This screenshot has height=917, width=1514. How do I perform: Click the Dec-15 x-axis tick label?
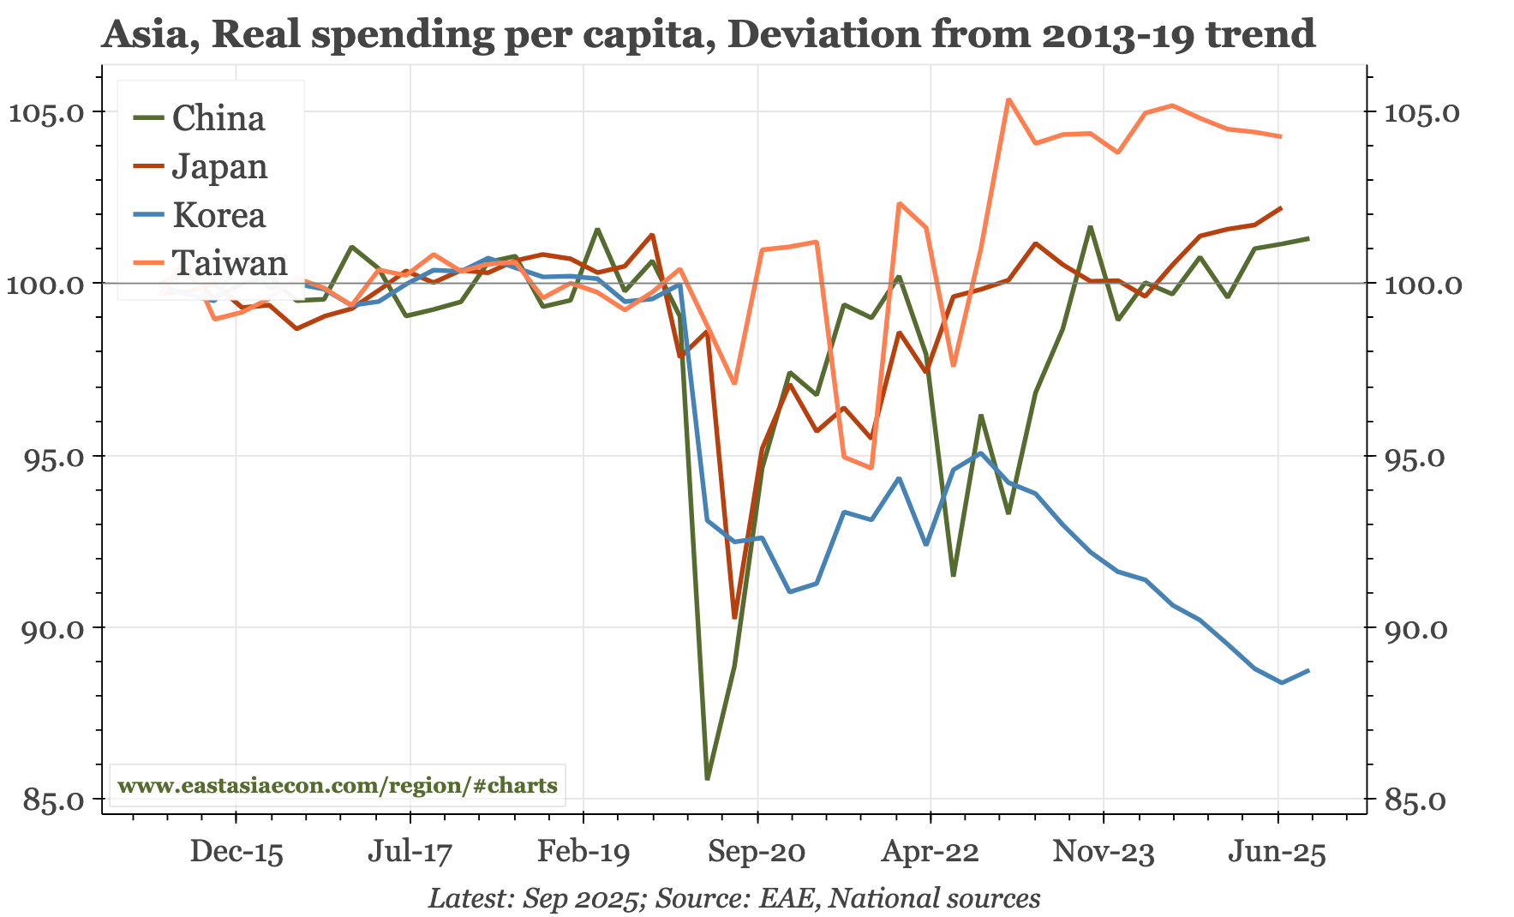click(236, 853)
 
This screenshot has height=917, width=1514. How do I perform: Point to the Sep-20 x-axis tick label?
click(757, 853)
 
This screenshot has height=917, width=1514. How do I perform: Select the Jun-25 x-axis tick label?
click(1278, 853)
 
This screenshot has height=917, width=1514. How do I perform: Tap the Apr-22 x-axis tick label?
click(931, 853)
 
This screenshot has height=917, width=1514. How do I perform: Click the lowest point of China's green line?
click(708, 778)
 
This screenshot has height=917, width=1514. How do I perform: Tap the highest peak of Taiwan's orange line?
click(1008, 99)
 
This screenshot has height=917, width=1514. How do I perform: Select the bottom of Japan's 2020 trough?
click(734, 617)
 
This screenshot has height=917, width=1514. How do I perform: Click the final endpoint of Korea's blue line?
click(1308, 670)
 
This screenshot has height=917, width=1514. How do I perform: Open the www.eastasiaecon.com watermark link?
click(338, 785)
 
